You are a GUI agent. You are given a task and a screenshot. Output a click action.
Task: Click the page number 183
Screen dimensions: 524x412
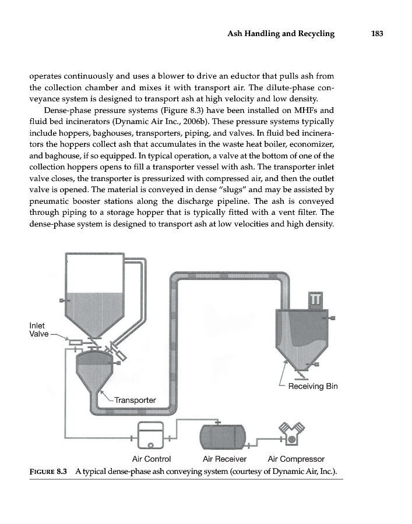coord(376,34)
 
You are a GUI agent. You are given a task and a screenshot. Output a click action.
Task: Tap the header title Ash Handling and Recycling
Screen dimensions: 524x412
coord(281,34)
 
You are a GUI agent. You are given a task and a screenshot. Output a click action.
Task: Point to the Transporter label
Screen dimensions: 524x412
coord(135,400)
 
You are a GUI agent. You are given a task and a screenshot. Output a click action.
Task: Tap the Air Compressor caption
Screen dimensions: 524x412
coord(295,458)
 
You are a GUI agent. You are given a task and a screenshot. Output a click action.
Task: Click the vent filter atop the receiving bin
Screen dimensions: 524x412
coord(316,299)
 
